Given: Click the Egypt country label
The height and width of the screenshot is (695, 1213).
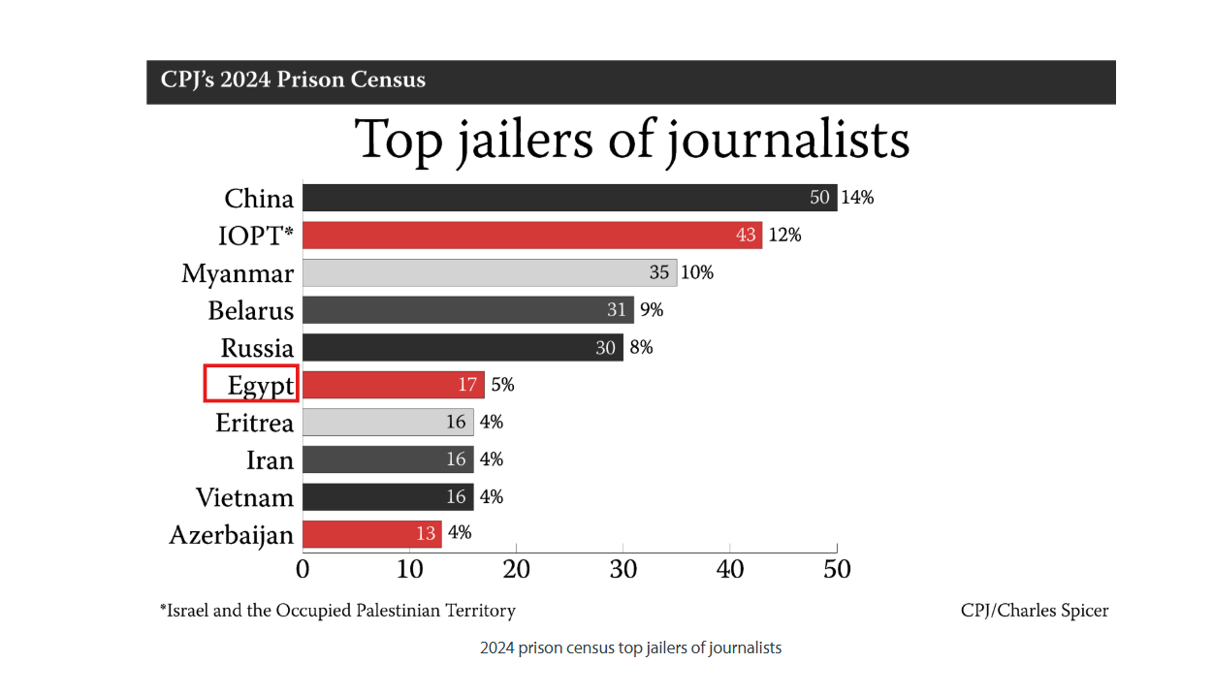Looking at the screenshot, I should (260, 385).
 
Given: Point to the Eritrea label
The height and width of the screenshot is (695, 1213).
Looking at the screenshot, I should (254, 423).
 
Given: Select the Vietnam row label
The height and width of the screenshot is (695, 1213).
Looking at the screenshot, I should (244, 497).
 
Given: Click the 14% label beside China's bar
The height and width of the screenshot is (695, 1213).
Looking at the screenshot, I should (857, 198).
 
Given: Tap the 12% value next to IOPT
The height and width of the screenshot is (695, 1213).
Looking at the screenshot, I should (784, 236).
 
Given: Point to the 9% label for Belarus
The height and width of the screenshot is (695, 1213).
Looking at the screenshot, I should (652, 310).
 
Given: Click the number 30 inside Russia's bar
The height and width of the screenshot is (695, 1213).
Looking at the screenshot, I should (606, 347).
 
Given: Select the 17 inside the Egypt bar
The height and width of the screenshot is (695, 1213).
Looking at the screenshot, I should (467, 385).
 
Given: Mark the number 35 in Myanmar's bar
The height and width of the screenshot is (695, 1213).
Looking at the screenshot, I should (659, 272).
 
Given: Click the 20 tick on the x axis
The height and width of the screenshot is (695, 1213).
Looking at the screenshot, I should (517, 568).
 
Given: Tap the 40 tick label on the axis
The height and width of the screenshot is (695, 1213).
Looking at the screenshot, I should (730, 568).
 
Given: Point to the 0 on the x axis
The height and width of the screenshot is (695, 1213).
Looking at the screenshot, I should (303, 568).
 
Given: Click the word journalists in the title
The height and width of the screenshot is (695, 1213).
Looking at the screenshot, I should (788, 141).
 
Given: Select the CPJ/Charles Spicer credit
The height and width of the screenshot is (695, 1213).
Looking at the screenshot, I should (1035, 611).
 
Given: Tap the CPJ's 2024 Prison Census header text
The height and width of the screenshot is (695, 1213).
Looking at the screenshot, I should (286, 79).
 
